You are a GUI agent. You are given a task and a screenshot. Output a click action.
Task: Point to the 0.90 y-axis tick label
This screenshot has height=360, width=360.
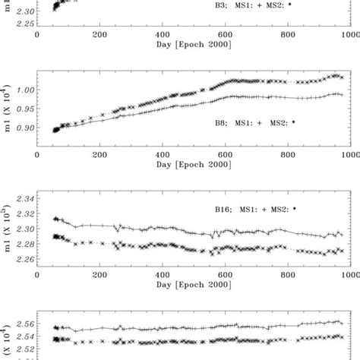[25, 128]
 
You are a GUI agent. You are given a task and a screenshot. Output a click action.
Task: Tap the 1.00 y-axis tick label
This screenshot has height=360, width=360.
[25, 90]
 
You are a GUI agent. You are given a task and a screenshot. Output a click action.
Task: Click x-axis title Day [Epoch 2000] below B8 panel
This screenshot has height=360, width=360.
[193, 164]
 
